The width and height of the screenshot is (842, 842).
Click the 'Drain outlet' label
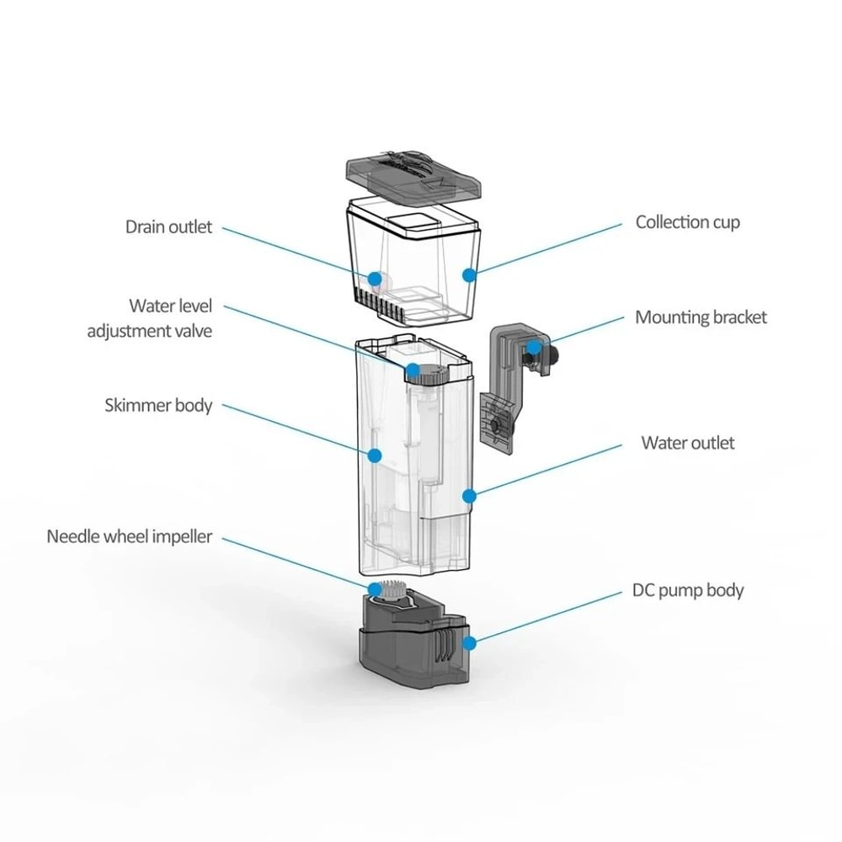(x=168, y=226)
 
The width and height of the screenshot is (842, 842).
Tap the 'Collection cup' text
(x=687, y=222)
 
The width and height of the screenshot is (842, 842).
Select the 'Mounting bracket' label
(x=701, y=317)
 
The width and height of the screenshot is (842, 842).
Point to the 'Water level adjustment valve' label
(x=150, y=317)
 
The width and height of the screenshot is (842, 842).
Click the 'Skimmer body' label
(x=158, y=405)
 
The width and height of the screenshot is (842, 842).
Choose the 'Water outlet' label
(x=687, y=443)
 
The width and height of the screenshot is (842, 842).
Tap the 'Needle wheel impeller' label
(x=129, y=536)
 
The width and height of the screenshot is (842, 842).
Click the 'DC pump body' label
(x=687, y=589)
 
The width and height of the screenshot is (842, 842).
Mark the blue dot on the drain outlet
(x=373, y=276)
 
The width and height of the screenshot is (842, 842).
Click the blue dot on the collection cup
(x=469, y=274)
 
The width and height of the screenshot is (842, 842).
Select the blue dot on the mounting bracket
(x=533, y=346)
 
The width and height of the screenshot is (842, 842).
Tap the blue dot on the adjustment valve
(x=413, y=370)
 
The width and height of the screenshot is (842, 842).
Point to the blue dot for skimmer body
(x=375, y=455)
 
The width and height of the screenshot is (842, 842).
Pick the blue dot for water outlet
(x=470, y=496)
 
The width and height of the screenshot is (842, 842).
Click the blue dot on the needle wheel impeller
(x=373, y=588)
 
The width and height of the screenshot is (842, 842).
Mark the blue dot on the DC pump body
(x=469, y=642)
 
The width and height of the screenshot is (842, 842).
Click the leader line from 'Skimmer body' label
(x=295, y=429)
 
